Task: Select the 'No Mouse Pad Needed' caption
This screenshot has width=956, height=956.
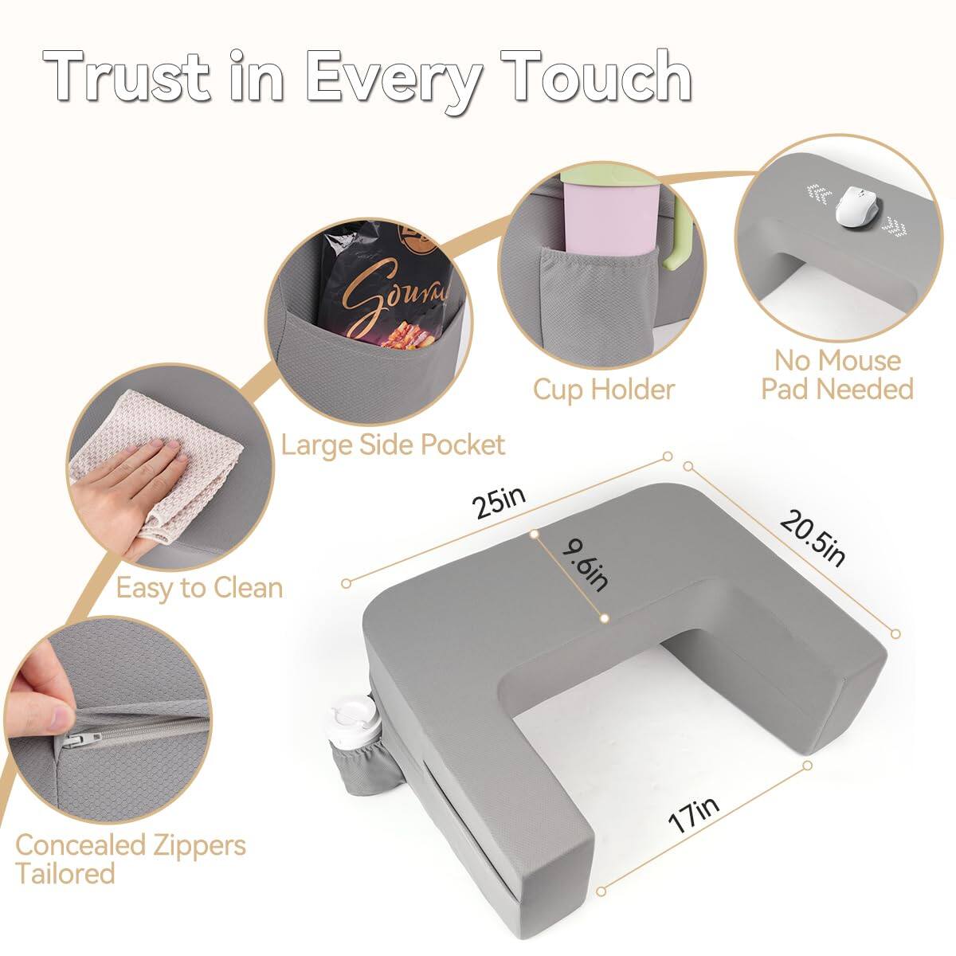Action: (836, 374)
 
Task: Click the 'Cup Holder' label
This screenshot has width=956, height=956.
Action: (604, 390)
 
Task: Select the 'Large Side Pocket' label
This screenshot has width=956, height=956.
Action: (393, 444)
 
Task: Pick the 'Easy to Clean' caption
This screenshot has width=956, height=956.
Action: (199, 588)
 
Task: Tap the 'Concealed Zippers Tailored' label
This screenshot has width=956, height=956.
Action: (130, 859)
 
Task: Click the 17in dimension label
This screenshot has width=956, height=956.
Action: (693, 814)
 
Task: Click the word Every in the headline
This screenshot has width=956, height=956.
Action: (394, 78)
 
